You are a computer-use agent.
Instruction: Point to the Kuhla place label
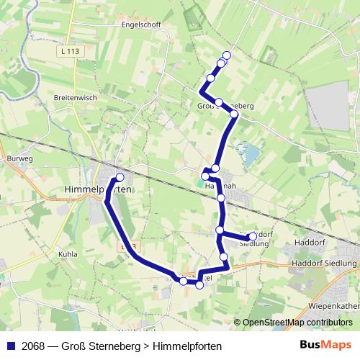tap(67, 254)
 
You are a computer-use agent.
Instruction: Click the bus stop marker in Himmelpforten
tap(120, 177)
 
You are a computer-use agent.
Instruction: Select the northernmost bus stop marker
tap(227, 55)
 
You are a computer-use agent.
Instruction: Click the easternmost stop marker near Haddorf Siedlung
tap(253, 236)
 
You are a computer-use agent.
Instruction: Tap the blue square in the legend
tap(10, 346)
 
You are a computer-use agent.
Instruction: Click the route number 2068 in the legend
tap(32, 346)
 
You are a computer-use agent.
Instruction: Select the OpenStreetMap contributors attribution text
tap(297, 323)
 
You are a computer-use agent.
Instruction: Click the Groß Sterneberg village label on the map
tap(225, 106)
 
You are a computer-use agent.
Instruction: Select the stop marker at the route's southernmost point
tap(199, 285)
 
